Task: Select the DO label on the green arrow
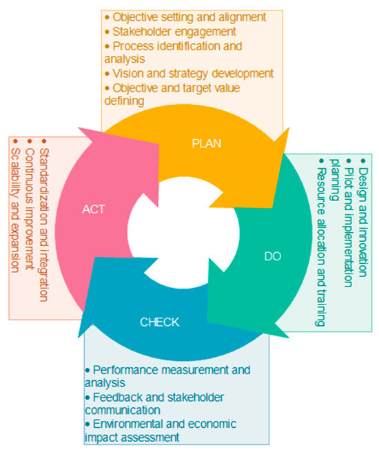click(272, 256)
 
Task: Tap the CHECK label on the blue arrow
click(159, 321)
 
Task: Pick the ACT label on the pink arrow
click(94, 209)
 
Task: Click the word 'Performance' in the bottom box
click(124, 370)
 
